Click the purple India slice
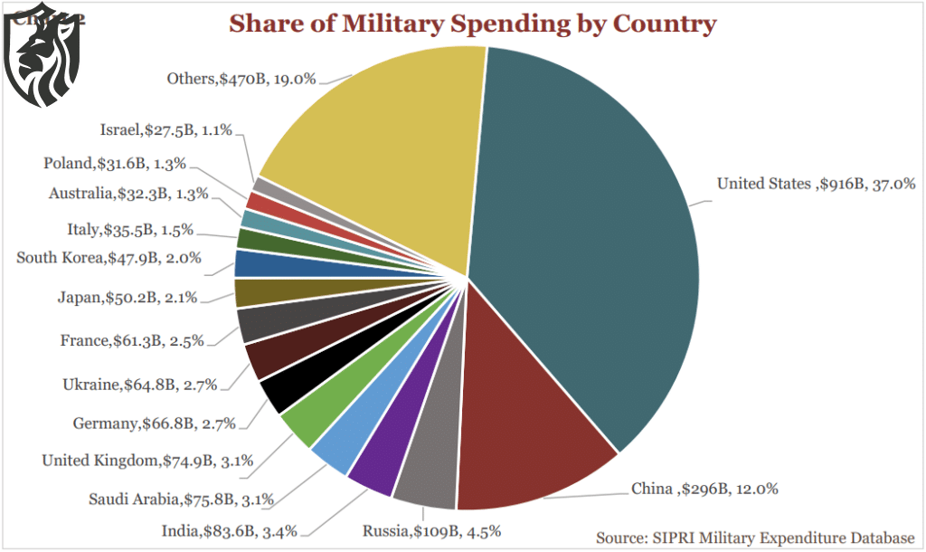click(x=375, y=462)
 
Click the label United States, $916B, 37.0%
click(x=817, y=184)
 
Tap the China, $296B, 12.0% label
click(x=704, y=489)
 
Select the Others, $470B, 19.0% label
click(x=241, y=79)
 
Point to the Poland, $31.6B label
click(x=115, y=164)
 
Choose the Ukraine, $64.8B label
click(x=140, y=385)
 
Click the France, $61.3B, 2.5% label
click(x=132, y=341)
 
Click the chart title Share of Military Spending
click(x=472, y=24)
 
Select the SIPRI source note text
click(x=755, y=536)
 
